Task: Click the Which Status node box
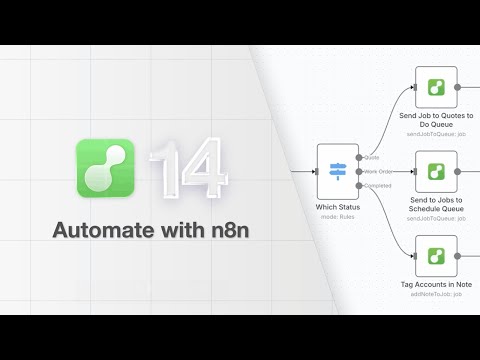tap(338, 171)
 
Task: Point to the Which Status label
tap(338, 207)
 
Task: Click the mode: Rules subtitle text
tap(338, 217)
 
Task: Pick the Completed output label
tap(378, 185)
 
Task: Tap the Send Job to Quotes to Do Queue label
tap(436, 122)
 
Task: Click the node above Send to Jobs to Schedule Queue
tap(436, 171)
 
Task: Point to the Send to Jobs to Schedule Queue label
tap(436, 206)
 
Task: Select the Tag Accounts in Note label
tap(436, 285)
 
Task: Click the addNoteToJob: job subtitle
tap(436, 295)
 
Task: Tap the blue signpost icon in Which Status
tap(338, 171)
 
